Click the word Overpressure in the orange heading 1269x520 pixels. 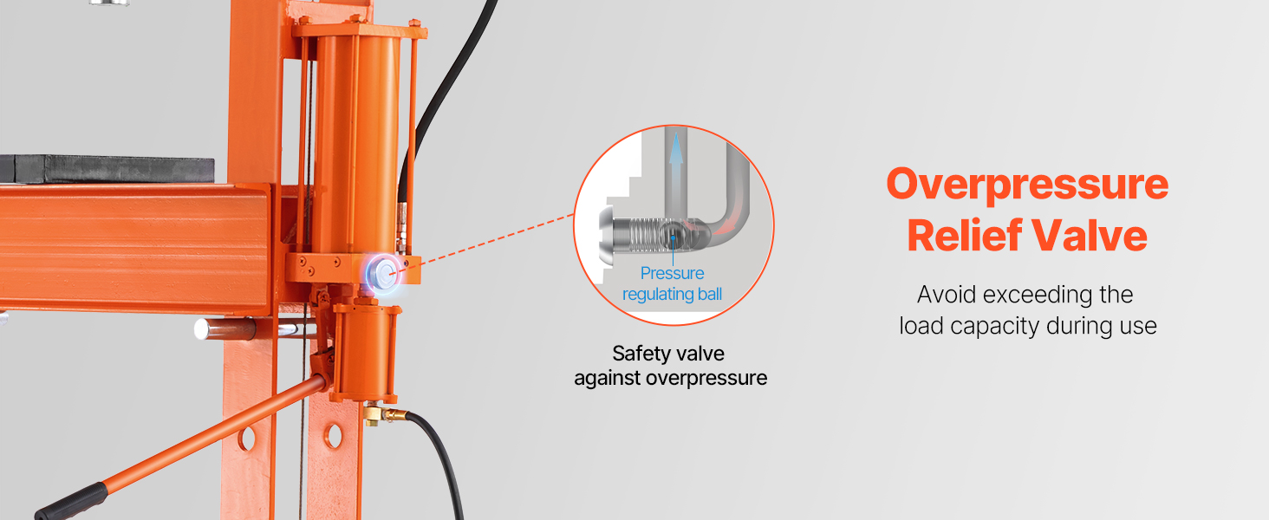(x=1027, y=185)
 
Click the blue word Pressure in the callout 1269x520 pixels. (x=672, y=273)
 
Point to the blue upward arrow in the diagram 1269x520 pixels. (x=675, y=170)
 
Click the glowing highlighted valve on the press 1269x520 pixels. (x=383, y=274)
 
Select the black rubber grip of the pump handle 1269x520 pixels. (x=72, y=502)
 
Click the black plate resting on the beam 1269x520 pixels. (x=107, y=169)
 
